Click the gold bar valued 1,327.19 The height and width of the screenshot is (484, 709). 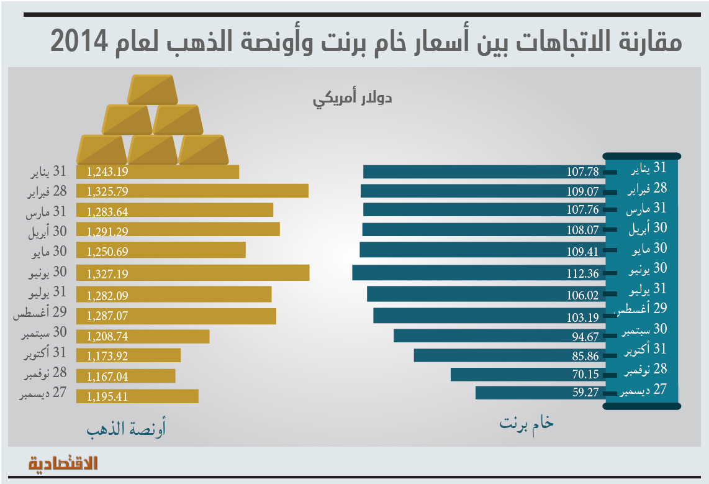point(192,273)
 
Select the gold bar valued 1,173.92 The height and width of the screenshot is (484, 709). point(129,355)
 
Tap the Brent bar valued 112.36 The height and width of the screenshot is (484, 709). point(478,273)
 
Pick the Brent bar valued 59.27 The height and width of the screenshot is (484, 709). point(540,393)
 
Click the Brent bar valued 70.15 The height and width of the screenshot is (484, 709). point(528,374)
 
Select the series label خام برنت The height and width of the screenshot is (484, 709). point(526,424)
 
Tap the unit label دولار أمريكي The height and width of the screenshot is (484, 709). point(352,98)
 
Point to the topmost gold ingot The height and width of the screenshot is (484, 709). point(152,89)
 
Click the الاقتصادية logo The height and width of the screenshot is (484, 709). point(64,463)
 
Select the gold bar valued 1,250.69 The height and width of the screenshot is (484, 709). point(161,250)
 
